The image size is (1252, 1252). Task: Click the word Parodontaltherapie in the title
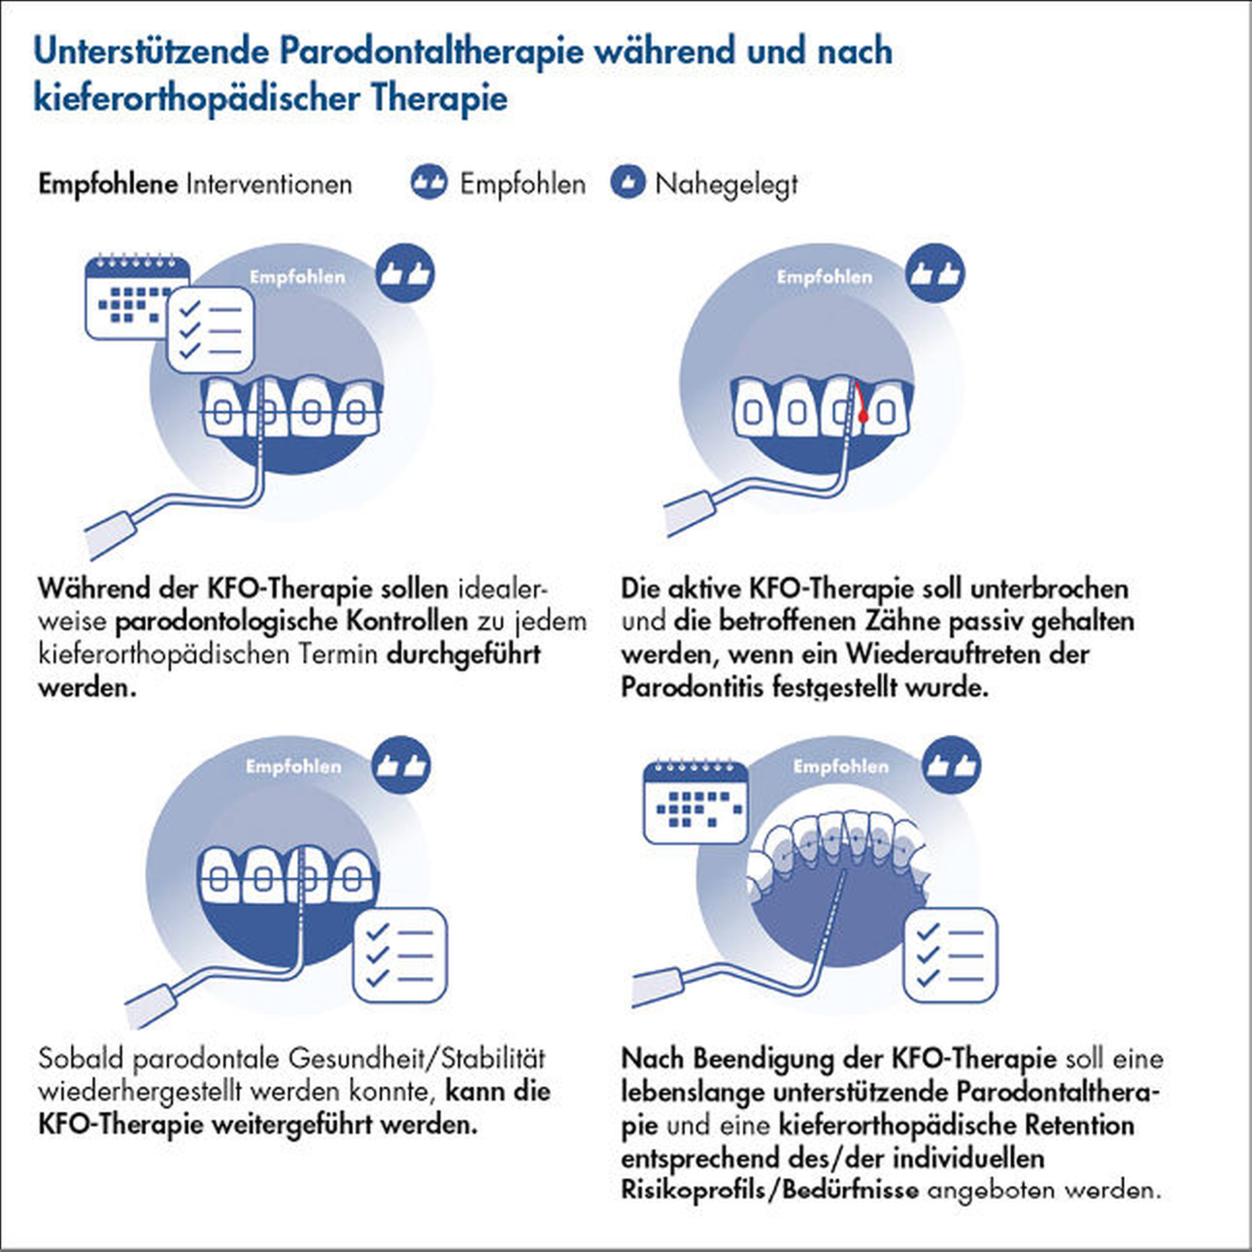(x=432, y=51)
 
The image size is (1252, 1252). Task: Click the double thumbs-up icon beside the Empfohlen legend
(x=429, y=183)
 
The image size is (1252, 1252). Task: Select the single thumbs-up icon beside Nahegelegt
(x=627, y=183)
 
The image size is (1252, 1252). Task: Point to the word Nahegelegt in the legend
(x=726, y=185)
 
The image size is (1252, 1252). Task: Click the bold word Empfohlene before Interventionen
(x=107, y=184)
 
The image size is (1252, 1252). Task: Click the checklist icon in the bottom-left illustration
(x=400, y=955)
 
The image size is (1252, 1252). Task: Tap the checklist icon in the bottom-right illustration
(x=950, y=955)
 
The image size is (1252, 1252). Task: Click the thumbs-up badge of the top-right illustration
(x=935, y=273)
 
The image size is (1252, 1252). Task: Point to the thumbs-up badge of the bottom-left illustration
(x=401, y=765)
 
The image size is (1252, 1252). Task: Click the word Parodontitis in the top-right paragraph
(x=692, y=687)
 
